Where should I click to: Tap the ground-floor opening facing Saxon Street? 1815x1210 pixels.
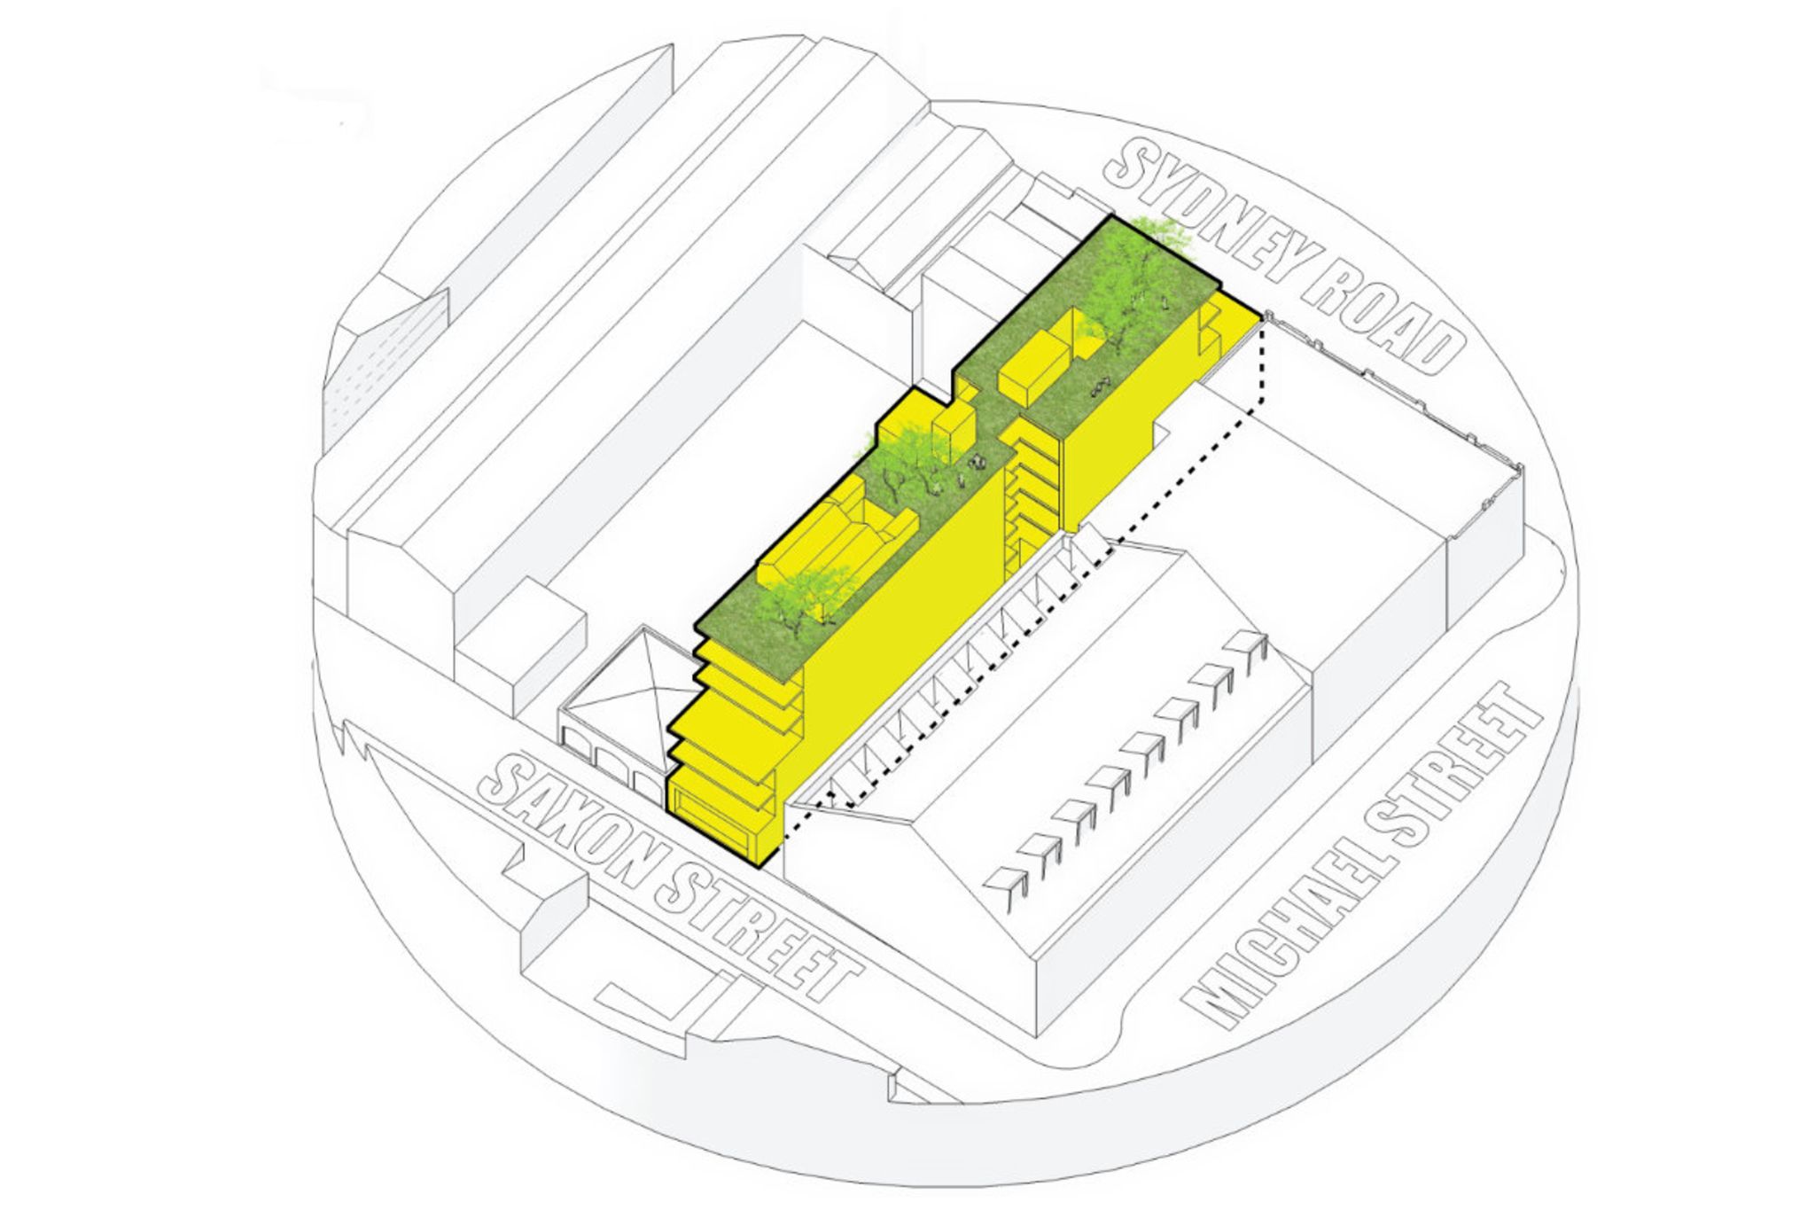pos(712,811)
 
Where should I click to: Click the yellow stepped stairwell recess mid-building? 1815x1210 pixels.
pos(1030,488)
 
